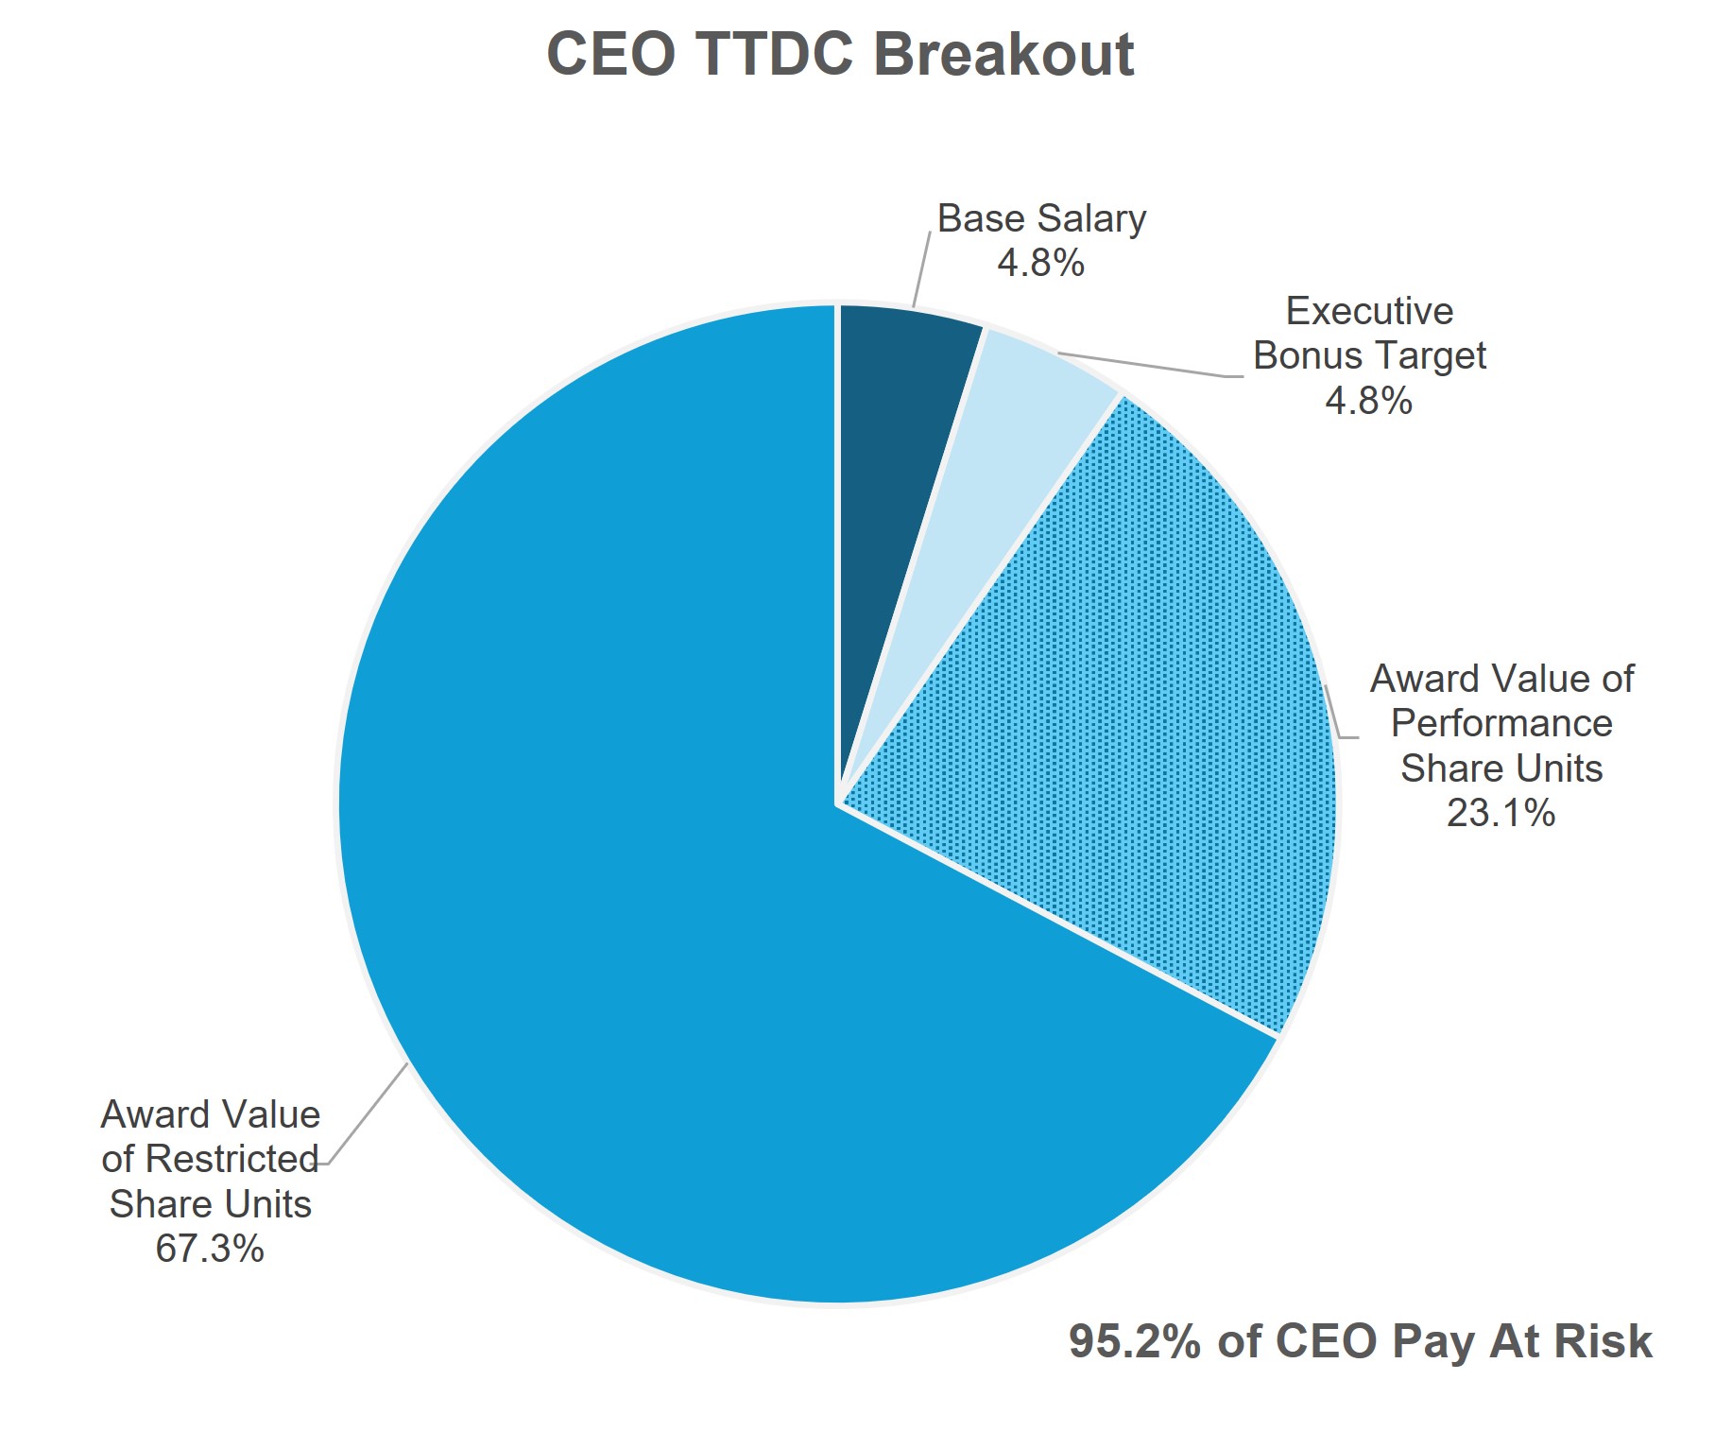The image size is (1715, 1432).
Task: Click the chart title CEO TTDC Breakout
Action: (840, 54)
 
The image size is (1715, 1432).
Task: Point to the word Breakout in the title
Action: (1003, 54)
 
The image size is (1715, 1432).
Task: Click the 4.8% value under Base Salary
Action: (1040, 263)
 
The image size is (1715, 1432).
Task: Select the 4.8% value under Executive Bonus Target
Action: (1368, 401)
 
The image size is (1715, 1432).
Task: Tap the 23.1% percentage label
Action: (1501, 813)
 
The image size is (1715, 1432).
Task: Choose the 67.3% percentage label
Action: (210, 1249)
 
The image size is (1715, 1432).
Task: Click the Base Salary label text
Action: (1041, 218)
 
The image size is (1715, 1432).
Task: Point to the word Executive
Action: (1369, 311)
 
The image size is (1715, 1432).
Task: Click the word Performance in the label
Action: (1501, 723)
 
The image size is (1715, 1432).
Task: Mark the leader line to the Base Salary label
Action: (921, 269)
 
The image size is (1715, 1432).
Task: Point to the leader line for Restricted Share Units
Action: (369, 1115)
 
